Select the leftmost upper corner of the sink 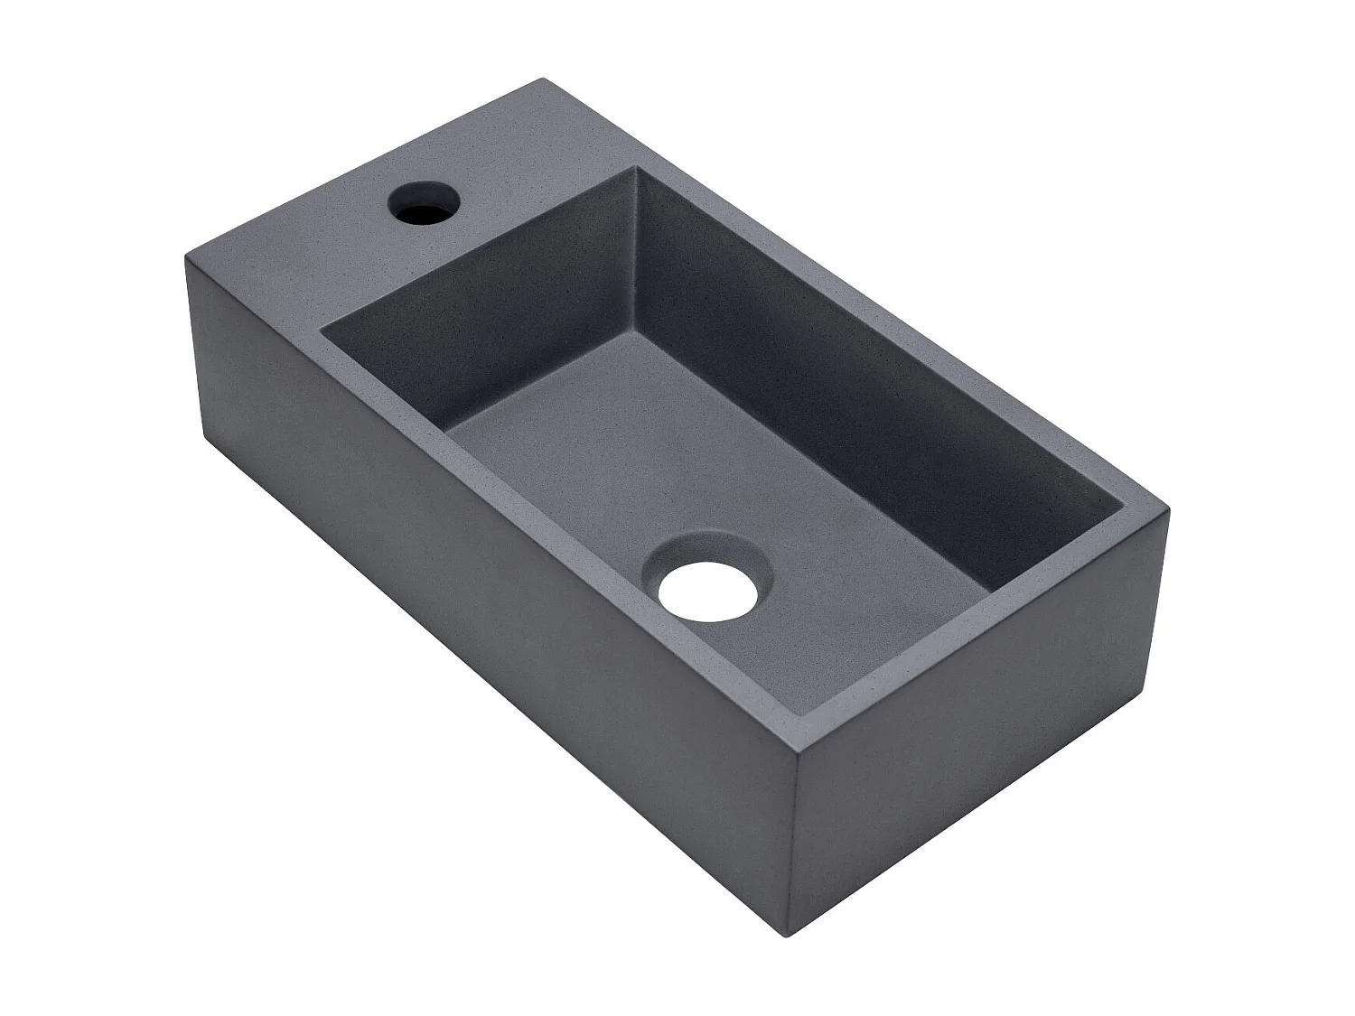(x=187, y=256)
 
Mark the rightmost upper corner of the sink (x=1169, y=511)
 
